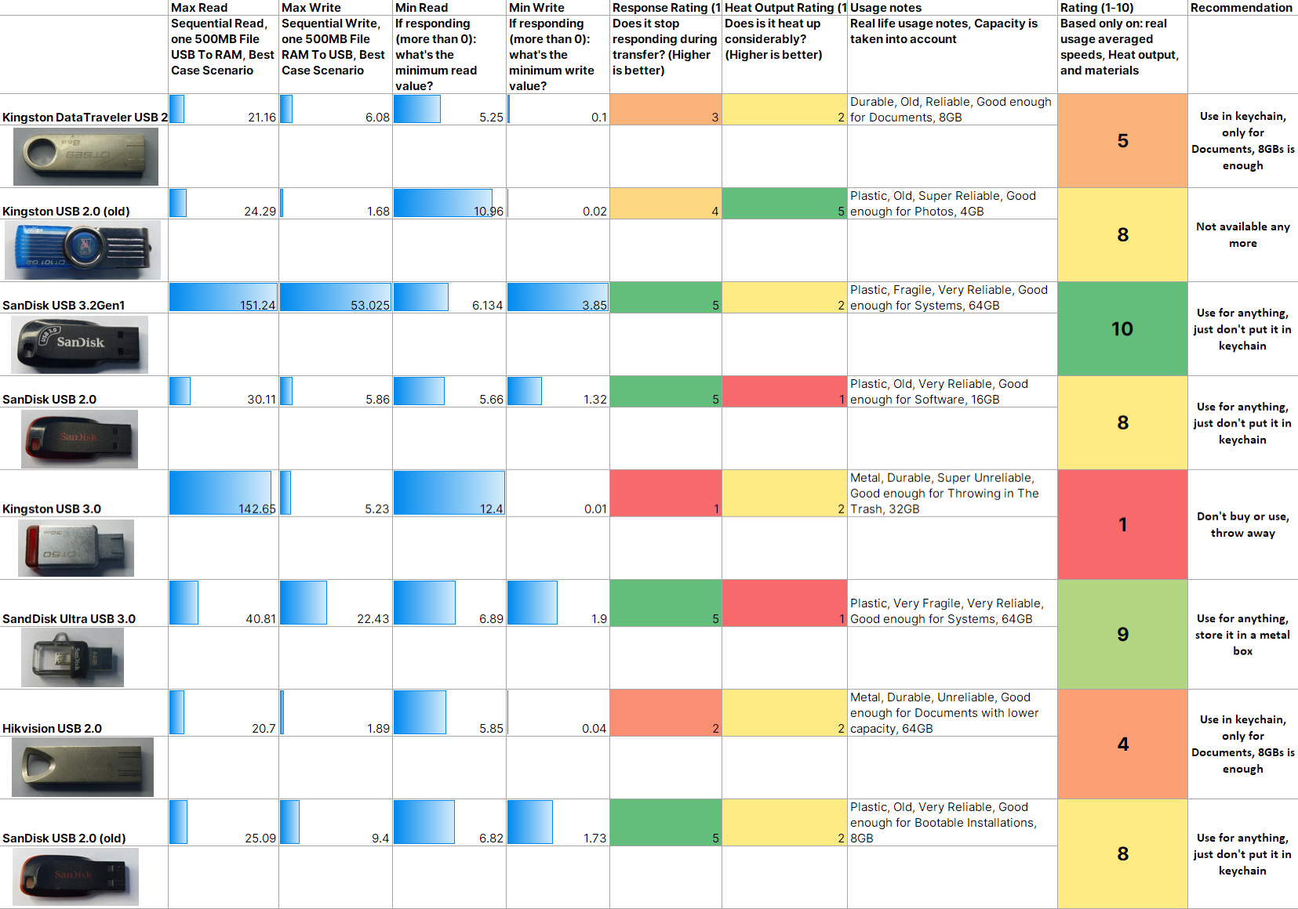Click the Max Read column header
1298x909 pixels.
[x=198, y=8]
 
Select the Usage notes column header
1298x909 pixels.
[x=885, y=8]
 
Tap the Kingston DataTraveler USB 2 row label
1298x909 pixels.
[x=85, y=117]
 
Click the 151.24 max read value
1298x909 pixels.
[x=257, y=305]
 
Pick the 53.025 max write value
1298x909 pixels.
[x=369, y=305]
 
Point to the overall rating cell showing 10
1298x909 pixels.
[x=1122, y=329]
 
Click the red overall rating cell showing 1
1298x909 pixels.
[x=1122, y=524]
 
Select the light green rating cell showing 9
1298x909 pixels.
[x=1122, y=634]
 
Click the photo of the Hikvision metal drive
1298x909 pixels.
[x=82, y=766]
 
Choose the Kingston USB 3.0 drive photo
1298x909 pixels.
[x=76, y=548]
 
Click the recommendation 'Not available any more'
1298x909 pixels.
[x=1242, y=234]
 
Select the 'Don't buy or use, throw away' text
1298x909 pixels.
[x=1242, y=524]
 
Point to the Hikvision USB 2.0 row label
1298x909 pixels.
[x=52, y=728]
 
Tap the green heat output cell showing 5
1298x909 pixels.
[x=784, y=203]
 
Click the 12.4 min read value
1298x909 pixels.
[x=491, y=509]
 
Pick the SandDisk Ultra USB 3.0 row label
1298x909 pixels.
[x=69, y=618]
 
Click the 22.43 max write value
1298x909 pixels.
[x=373, y=618]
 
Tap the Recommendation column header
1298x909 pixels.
[x=1241, y=8]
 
